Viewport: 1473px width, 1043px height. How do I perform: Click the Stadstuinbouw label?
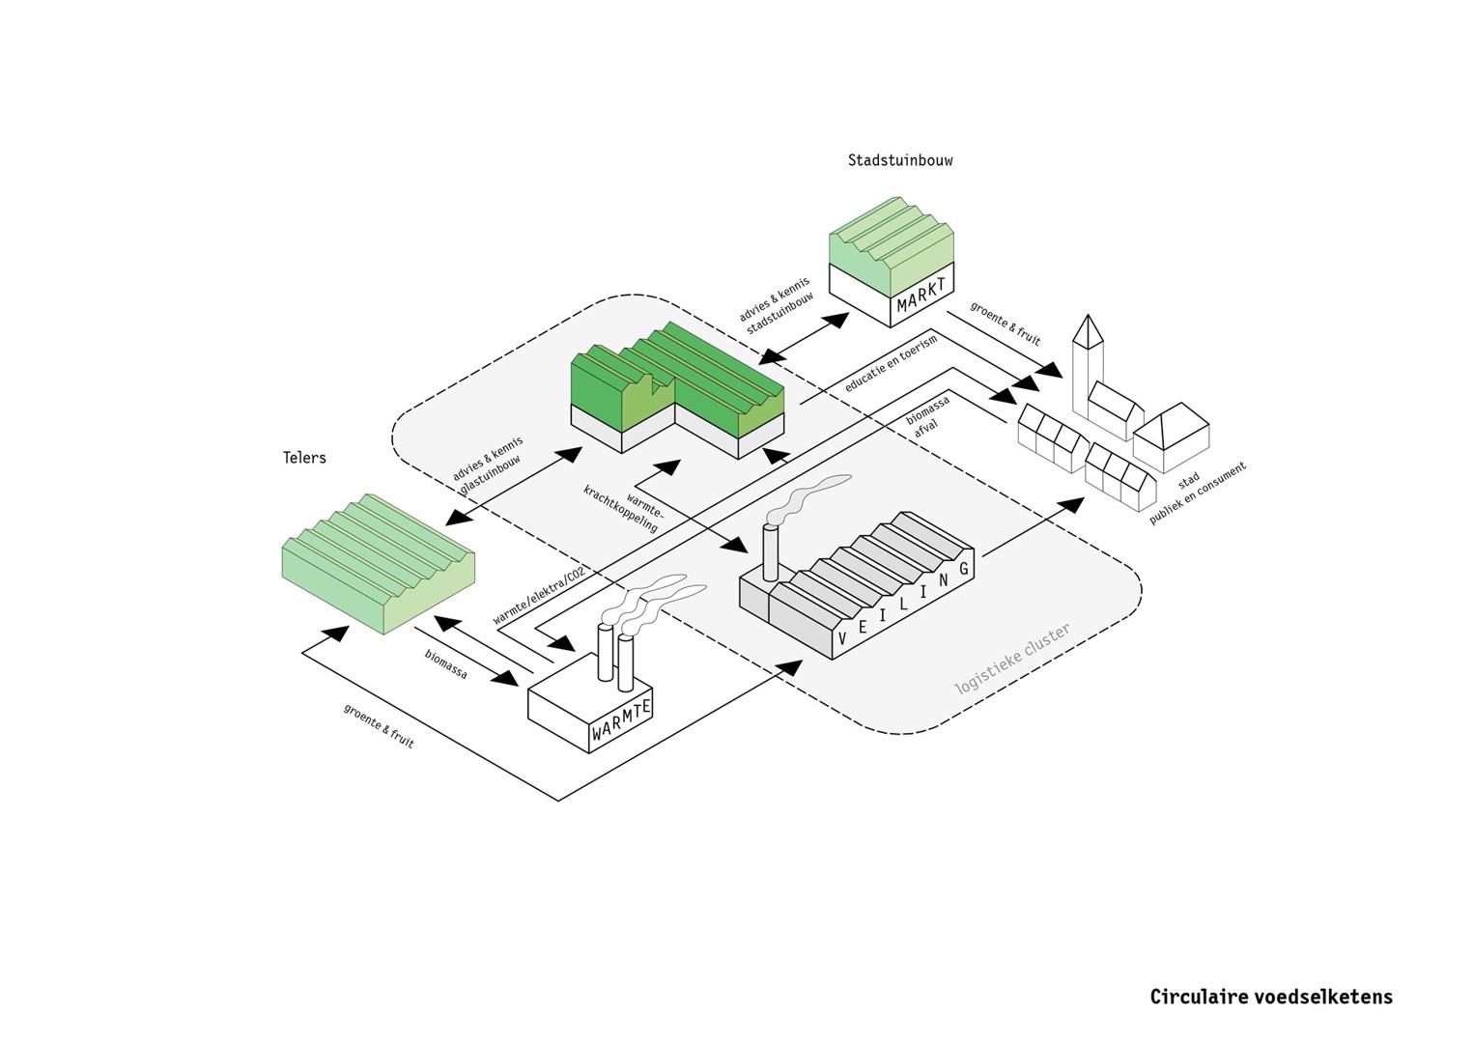pyautogui.click(x=899, y=160)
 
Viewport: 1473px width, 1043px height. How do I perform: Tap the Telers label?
pyautogui.click(x=304, y=458)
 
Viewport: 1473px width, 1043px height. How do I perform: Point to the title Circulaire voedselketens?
pyautogui.click(x=1270, y=997)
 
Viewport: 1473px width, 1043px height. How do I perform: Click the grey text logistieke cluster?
pyautogui.click(x=1012, y=660)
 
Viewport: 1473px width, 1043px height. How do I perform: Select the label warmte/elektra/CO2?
pyautogui.click(x=538, y=596)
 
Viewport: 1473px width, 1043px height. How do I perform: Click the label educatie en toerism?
pyautogui.click(x=891, y=364)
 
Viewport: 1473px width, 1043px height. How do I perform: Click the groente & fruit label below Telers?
pyautogui.click(x=379, y=725)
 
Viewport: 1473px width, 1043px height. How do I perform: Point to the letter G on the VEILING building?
pyautogui.click(x=963, y=570)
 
